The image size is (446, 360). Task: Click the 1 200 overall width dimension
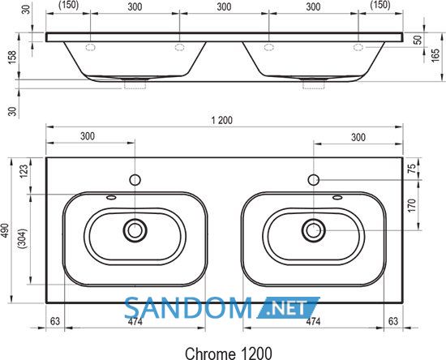[x=222, y=120]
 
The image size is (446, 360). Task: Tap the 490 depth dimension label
[x=6, y=231]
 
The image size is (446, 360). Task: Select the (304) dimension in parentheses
[x=23, y=238]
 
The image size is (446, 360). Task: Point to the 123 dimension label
[x=24, y=171]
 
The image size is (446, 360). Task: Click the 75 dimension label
[x=412, y=169]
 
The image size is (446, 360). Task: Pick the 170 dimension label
[x=412, y=205]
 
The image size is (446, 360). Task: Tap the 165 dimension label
[x=435, y=56]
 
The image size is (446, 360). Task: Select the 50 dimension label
[x=418, y=40]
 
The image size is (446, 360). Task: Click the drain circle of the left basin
[x=135, y=230]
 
